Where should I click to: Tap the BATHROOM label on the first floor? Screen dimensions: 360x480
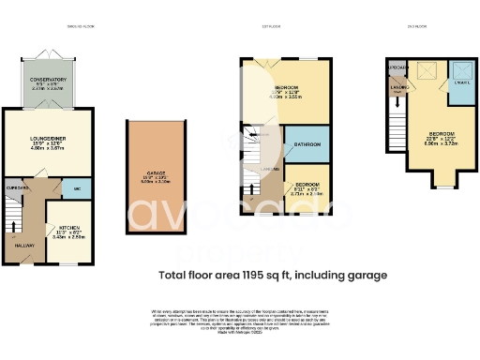click(306, 143)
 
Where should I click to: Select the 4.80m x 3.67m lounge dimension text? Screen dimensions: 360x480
click(47, 148)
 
